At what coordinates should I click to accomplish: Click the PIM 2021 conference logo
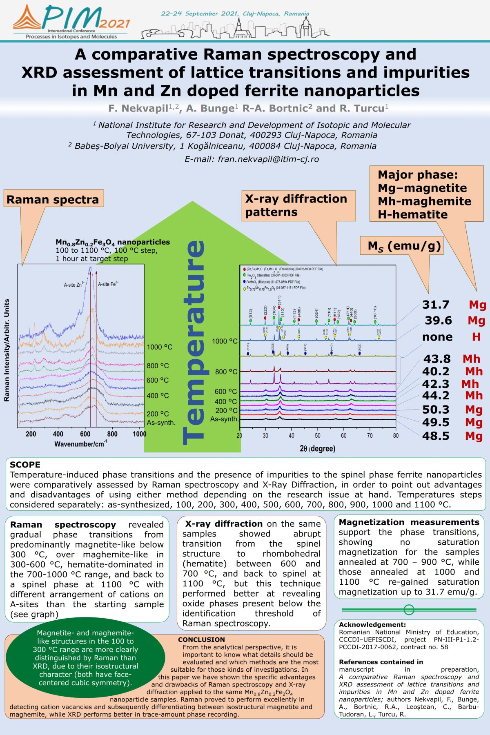tap(71, 21)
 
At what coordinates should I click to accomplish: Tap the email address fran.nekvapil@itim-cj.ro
tap(252, 159)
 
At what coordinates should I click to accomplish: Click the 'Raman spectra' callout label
tap(53, 200)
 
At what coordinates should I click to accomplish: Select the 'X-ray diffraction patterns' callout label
tap(296, 205)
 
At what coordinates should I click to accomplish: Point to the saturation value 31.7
tap(436, 305)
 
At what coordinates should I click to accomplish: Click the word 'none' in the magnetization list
tap(437, 337)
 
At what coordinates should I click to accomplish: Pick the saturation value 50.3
tap(436, 410)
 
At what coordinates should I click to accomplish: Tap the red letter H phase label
tap(476, 337)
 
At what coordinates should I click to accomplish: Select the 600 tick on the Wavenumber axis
tap(85, 434)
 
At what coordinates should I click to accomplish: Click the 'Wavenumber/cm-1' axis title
tap(81, 443)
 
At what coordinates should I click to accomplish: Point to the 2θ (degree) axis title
tap(317, 449)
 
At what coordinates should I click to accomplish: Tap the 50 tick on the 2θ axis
tap(317, 436)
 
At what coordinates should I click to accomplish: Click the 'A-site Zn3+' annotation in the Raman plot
tap(74, 285)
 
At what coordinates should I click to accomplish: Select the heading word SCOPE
tap(25, 465)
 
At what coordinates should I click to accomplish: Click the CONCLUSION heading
tap(201, 639)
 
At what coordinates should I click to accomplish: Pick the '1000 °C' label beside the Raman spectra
tap(160, 347)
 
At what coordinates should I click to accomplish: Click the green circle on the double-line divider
tap(409, 610)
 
